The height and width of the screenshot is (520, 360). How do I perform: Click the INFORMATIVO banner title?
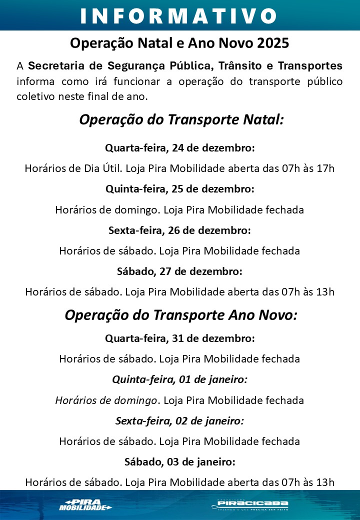179,15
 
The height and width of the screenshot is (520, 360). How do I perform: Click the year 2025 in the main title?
273,43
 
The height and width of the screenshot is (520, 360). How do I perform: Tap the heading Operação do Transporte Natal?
181,120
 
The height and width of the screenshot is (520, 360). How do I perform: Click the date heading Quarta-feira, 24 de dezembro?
180,148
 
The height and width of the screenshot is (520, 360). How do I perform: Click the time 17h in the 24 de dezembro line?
325,168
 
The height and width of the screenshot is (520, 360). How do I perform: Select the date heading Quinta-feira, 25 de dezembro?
180,189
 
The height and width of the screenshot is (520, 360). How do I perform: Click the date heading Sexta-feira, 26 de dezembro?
179,230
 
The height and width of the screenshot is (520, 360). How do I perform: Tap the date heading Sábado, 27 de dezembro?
179,271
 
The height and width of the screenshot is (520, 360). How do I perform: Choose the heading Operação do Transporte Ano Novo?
181,315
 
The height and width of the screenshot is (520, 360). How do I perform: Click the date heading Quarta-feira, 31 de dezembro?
180,338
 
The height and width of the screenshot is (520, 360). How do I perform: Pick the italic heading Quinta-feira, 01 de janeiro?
179,379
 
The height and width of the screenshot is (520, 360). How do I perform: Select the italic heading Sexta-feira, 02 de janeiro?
179,421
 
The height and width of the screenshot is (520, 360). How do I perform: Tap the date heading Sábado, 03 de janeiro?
179,462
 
